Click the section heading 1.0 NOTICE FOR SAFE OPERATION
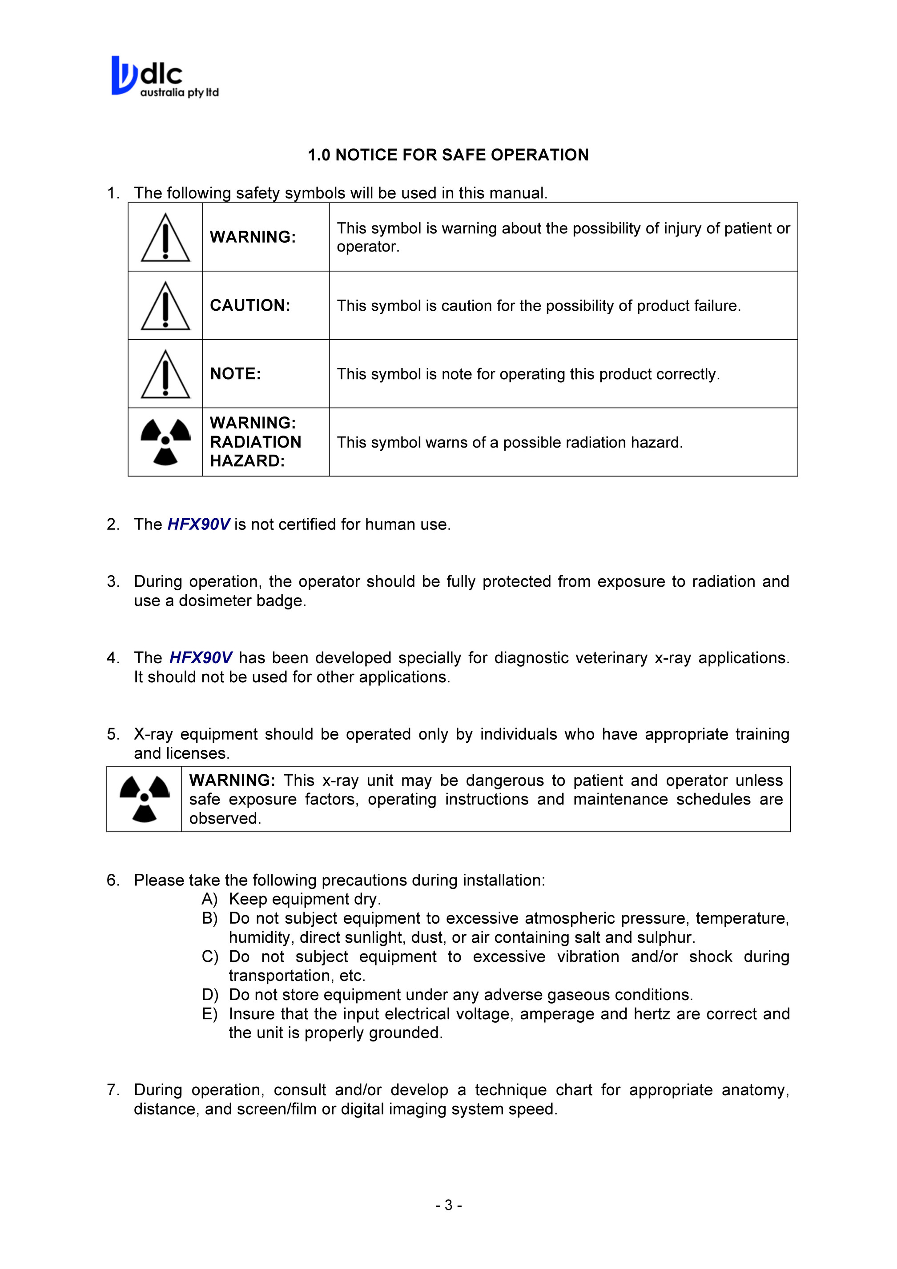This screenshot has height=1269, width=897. [448, 155]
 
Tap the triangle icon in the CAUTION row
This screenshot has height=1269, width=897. [165, 306]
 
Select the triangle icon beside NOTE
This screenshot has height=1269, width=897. [165, 374]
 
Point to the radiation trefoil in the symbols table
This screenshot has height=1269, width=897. [165, 442]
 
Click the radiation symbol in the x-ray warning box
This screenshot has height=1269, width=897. [145, 799]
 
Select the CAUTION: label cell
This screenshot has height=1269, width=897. [250, 306]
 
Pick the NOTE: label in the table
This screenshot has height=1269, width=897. [235, 374]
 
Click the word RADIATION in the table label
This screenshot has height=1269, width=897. [256, 442]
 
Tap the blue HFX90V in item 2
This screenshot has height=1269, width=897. [198, 524]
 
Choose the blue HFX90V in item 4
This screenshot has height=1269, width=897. [200, 658]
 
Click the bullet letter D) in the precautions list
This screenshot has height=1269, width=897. [209, 995]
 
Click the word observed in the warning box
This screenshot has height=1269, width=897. [224, 819]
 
